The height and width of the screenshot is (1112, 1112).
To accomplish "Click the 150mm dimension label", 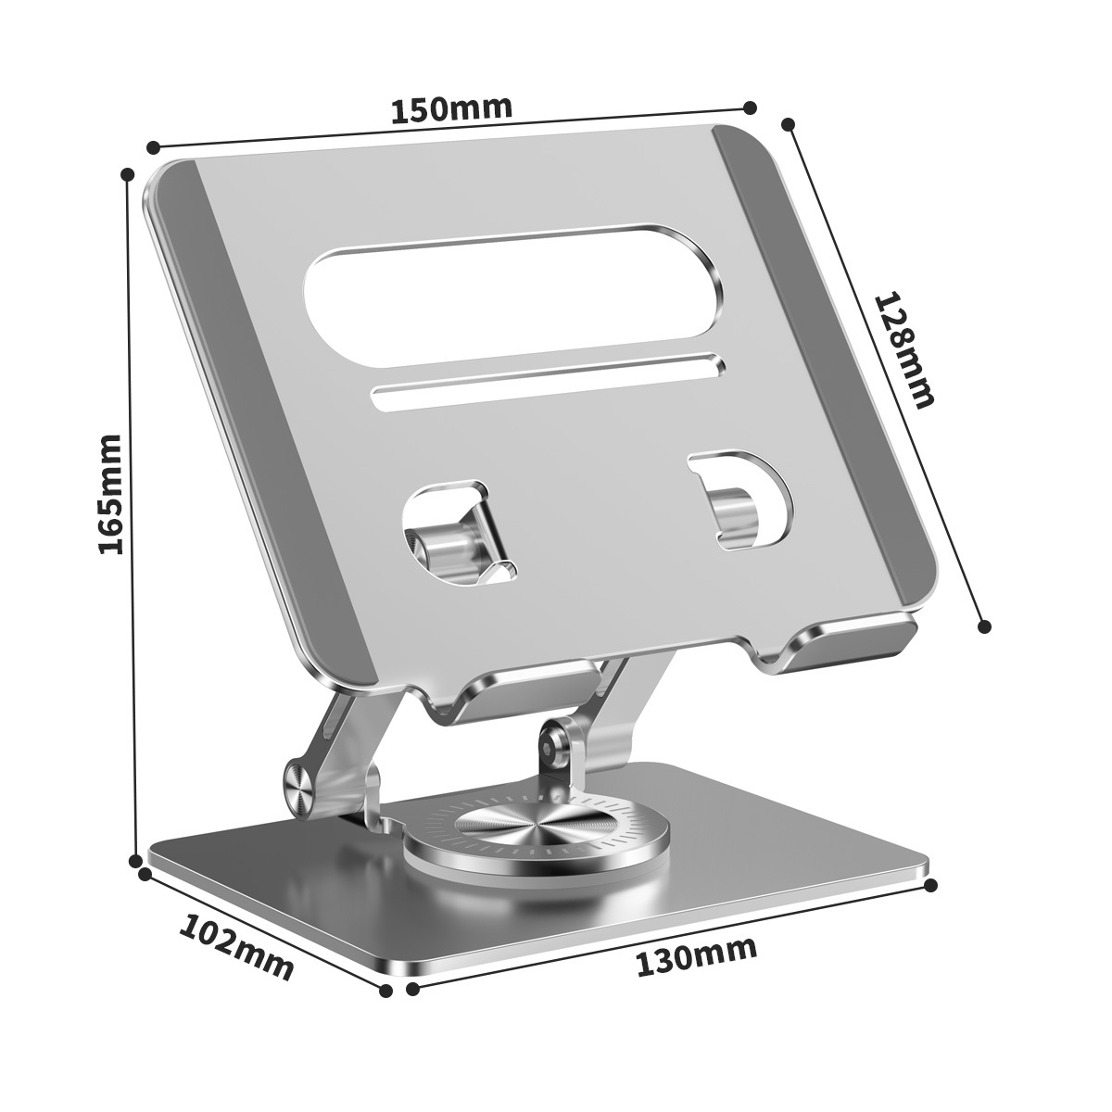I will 451,108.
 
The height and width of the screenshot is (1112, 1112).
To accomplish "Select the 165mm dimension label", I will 111,493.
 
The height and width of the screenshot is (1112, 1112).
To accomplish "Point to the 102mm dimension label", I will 235,947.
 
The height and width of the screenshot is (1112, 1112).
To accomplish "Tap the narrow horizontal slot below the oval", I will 547,381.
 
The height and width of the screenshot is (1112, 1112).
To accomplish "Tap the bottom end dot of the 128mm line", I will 985,626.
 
